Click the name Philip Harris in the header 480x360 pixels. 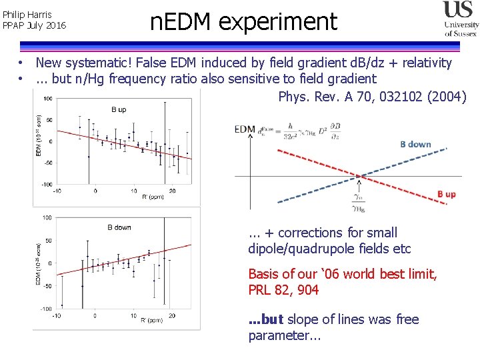pyautogui.click(x=27, y=14)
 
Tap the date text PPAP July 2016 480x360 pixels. pyautogui.click(x=35, y=25)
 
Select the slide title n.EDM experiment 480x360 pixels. pyautogui.click(x=243, y=22)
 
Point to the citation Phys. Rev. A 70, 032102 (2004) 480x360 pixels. pyautogui.click(x=372, y=97)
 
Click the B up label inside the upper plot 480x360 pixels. pyautogui.click(x=118, y=109)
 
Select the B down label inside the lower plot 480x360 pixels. pyautogui.click(x=119, y=227)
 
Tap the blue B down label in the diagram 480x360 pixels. pyautogui.click(x=415, y=144)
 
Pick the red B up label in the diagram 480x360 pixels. pyautogui.click(x=446, y=194)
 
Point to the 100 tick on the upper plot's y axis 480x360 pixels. pyautogui.click(x=48, y=99)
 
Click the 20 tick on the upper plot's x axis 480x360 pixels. pyautogui.click(x=173, y=191)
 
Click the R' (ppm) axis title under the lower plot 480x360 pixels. pyautogui.click(x=152, y=321)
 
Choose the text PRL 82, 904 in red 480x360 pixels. pyautogui.click(x=283, y=290)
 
